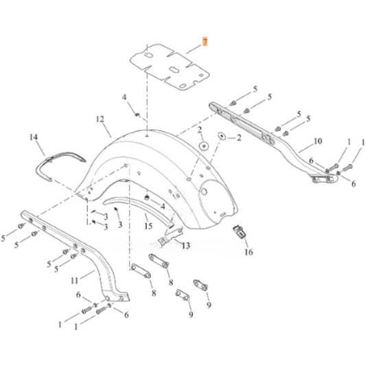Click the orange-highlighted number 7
click(x=205, y=42)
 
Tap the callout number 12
click(x=100, y=119)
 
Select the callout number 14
click(x=34, y=137)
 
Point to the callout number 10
click(x=318, y=141)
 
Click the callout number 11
click(x=75, y=280)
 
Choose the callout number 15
click(x=148, y=226)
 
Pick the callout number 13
click(x=186, y=246)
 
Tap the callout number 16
click(x=249, y=252)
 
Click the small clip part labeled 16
click(x=239, y=232)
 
